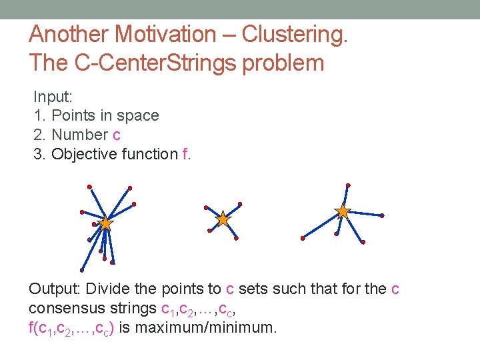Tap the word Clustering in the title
pos(293,34)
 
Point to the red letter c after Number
pos(117,135)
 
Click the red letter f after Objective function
pos(185,154)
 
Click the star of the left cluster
pos(105,223)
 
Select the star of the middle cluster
pos(223,219)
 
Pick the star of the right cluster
pos(343,212)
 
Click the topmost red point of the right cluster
pos(348,185)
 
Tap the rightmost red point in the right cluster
pos(382,215)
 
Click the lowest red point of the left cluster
pos(82,270)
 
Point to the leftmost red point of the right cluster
pos(303,238)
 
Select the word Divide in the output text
pos(109,289)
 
